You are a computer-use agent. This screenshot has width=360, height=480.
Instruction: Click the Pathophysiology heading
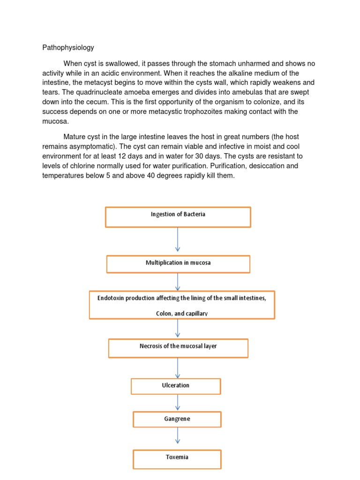68,47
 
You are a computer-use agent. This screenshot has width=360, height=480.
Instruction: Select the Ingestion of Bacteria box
178,217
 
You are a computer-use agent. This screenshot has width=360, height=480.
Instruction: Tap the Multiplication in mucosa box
178,263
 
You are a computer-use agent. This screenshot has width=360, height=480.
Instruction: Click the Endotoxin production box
181,305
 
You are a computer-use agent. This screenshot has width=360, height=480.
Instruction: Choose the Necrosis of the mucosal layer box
178,347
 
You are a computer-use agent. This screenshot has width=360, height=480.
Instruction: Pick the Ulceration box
175,386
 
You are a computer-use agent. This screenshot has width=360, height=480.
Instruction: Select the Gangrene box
177,420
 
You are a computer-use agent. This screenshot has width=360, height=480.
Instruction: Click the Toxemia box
177,459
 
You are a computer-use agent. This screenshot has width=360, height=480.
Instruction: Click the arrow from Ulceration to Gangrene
178,403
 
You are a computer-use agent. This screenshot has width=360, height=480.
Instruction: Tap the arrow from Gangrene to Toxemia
178,436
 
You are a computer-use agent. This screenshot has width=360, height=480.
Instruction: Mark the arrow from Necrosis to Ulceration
178,368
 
